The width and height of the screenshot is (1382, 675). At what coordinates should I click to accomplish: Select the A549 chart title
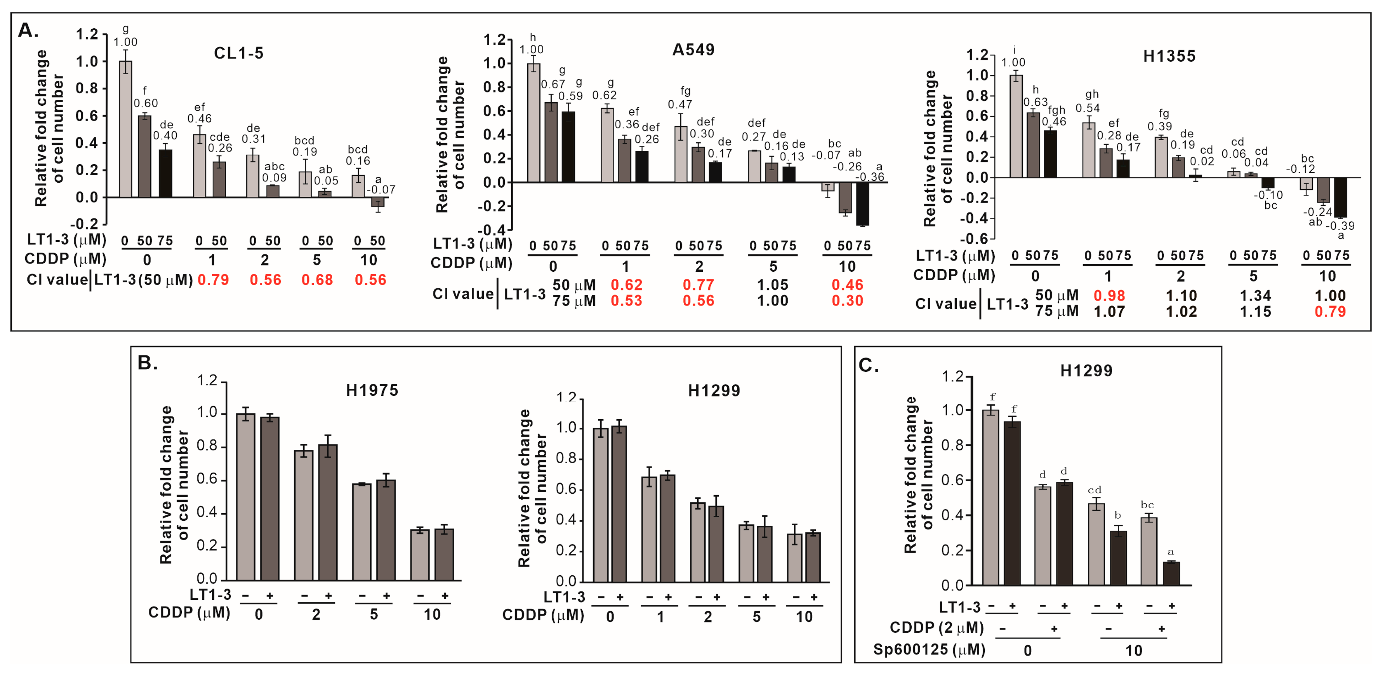(693, 50)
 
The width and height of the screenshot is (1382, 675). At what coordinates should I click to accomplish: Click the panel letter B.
(147, 363)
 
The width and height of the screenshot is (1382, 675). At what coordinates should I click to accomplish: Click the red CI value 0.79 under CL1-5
(213, 280)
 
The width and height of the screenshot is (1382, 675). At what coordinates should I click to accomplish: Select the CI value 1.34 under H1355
(1255, 296)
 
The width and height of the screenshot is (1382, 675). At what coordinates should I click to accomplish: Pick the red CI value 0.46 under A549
(847, 285)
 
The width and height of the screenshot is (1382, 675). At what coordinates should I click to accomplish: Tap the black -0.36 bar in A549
(863, 204)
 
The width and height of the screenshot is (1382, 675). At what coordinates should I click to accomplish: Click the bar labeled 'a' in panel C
(1171, 572)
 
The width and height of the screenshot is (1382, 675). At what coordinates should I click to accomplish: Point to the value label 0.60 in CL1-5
(146, 103)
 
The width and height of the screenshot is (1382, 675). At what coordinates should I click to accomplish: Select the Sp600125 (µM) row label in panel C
(929, 650)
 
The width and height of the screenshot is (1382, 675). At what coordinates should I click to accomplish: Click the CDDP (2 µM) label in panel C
(936, 627)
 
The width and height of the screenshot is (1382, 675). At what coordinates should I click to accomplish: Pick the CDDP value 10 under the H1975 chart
(432, 614)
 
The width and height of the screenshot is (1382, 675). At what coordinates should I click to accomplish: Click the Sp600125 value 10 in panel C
(1133, 650)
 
